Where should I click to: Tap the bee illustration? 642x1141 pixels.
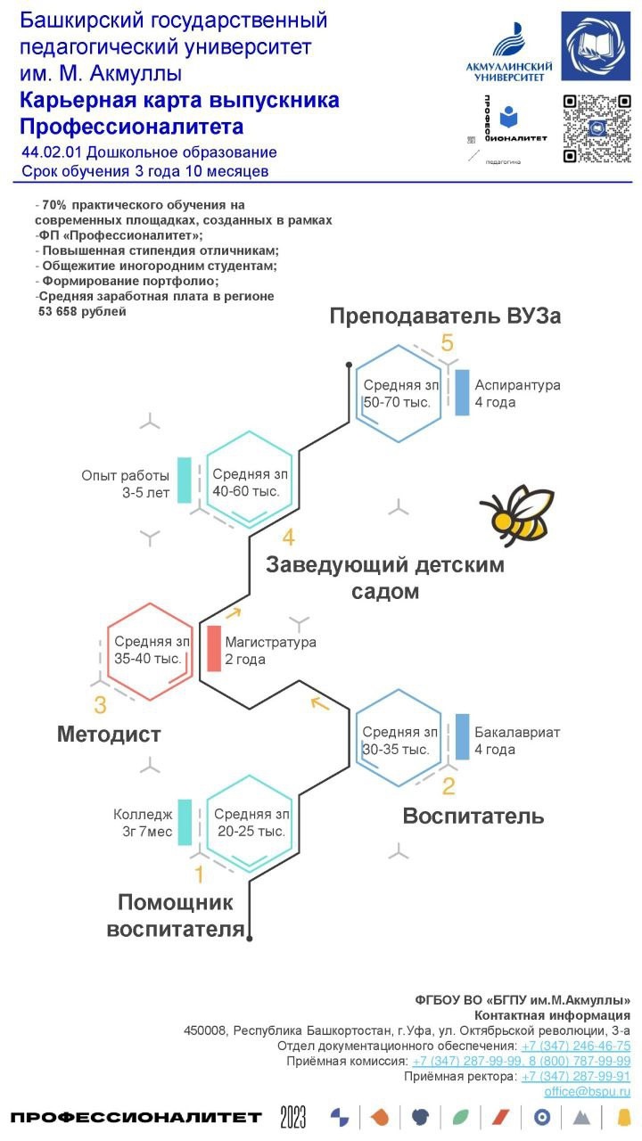pos(518,514)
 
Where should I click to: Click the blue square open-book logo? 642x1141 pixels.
pos(596,46)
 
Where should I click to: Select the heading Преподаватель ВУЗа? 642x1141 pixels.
pos(445,316)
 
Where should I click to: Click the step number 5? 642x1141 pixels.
pos(447,343)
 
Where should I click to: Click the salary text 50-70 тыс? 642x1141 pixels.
pos(398,402)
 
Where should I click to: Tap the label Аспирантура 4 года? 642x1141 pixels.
pos(517,393)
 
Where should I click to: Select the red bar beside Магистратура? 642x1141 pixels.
pos(214,649)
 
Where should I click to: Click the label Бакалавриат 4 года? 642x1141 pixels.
pos(517,741)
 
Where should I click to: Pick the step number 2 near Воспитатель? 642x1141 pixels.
pos(449,785)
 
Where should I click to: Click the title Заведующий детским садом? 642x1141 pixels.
pos(384,578)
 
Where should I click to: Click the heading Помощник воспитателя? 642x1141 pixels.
pos(176,915)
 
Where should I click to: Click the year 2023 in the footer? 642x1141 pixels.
pos(292,1117)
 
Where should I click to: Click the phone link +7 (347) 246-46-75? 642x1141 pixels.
pos(576,1046)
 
